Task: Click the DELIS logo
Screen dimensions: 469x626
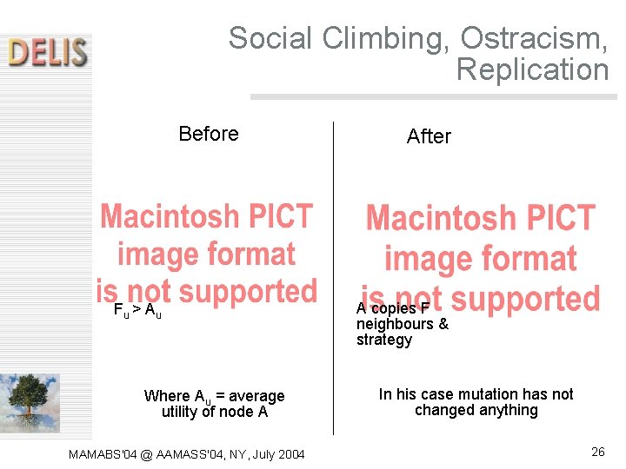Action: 49,51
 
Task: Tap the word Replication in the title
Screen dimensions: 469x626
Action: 532,69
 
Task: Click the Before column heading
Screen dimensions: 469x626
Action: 209,134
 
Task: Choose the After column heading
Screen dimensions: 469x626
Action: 429,136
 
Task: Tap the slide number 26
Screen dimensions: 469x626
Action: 597,452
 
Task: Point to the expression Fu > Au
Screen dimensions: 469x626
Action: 137,310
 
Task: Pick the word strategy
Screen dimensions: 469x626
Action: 383,340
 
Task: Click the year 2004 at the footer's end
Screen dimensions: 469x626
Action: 288,453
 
